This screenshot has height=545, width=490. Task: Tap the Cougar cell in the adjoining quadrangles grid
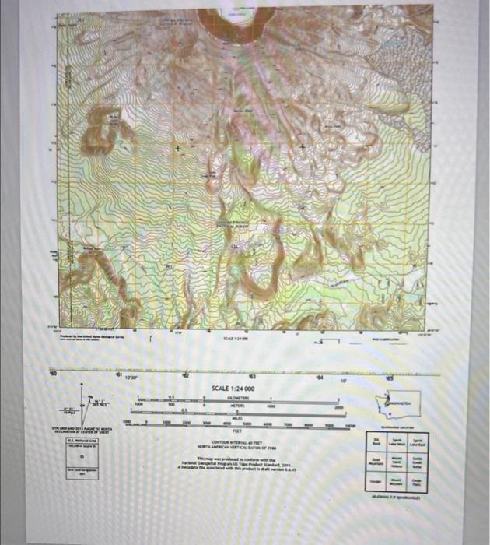coord(375,482)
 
